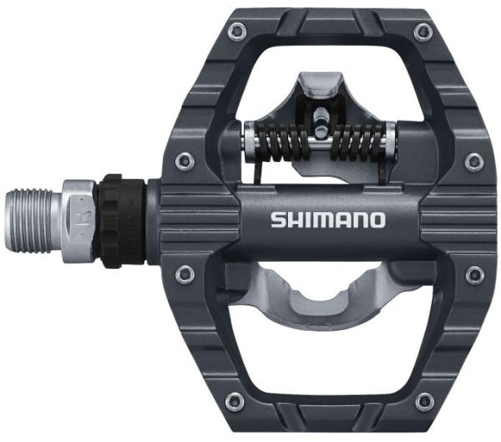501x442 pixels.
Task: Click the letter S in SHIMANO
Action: [x=278, y=221]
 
